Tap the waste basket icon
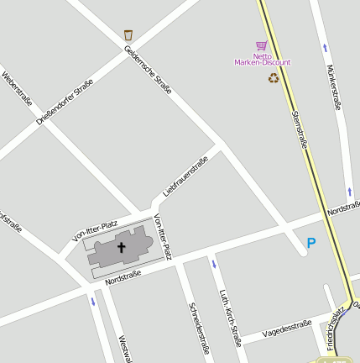point(128,35)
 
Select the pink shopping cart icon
point(261,46)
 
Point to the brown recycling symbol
point(274,78)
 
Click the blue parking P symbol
point(311,244)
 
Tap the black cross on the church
point(121,247)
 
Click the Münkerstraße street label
point(334,87)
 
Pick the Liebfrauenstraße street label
point(185,177)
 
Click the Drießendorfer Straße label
point(64,103)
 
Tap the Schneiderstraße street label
point(199,328)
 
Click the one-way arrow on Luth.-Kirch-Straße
point(214,265)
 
